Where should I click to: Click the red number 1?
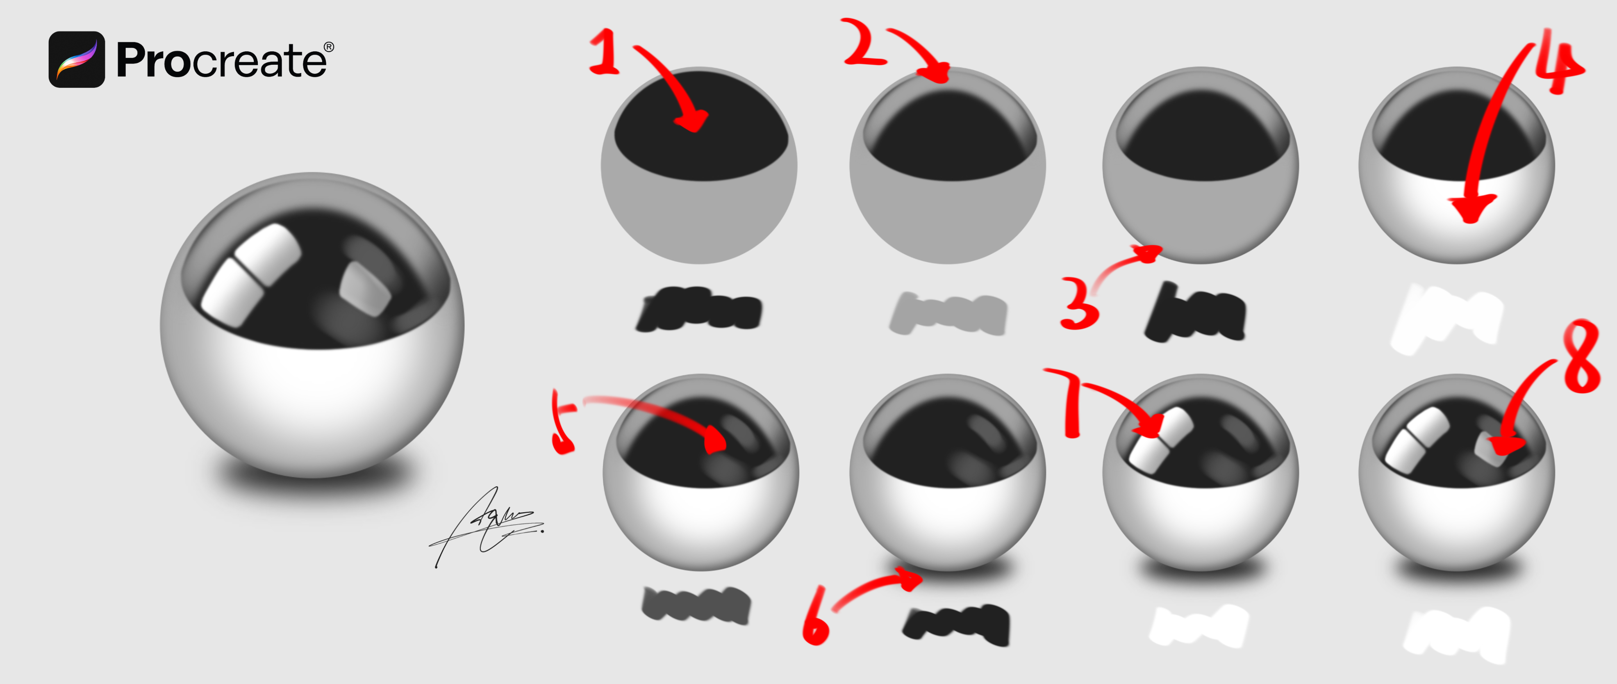click(x=604, y=53)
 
